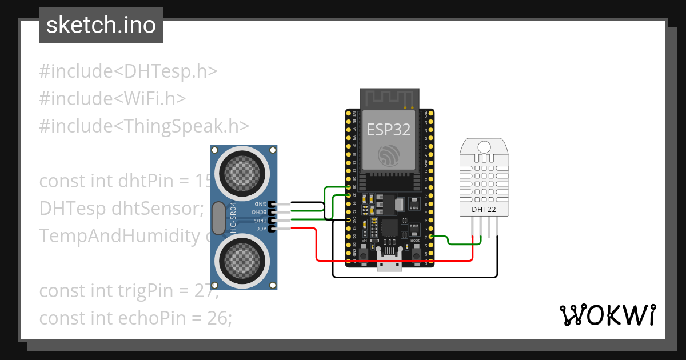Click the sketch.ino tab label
pos(101,26)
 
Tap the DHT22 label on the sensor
pos(484,209)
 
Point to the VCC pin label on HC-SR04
pos(260,229)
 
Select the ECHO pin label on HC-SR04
pos(260,212)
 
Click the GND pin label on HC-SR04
pos(260,204)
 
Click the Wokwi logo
pos(607,315)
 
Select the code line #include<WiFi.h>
pos(113,98)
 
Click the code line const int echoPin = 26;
pos(135,318)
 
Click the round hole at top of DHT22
pos(484,146)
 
